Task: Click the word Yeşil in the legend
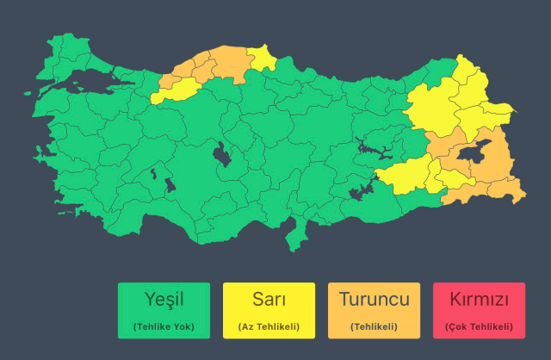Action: click(x=164, y=300)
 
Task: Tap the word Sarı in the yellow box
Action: click(x=269, y=300)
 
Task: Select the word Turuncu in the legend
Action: click(x=374, y=300)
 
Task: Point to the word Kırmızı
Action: click(x=479, y=300)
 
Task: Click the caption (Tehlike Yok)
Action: click(x=164, y=326)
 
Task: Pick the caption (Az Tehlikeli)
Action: click(x=269, y=326)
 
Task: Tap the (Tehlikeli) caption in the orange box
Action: click(x=374, y=326)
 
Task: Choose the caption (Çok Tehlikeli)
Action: click(x=479, y=326)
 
